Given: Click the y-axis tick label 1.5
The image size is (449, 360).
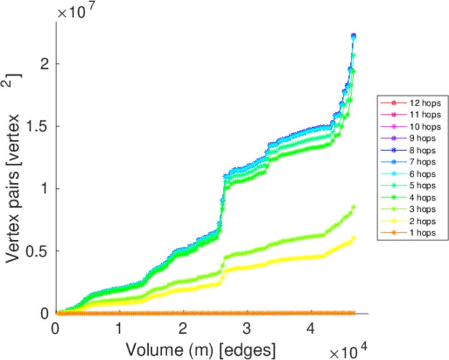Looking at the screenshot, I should point(40,126).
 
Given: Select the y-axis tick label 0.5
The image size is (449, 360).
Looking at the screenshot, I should point(40,251).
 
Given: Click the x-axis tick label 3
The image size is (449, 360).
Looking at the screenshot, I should point(247,329).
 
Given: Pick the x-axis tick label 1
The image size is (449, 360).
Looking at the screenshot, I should point(119,329).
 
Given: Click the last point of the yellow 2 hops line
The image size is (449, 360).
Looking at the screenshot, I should point(354,238).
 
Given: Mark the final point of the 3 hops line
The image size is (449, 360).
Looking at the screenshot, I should point(354,207).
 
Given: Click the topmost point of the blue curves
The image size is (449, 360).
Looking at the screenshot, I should point(354,36).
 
